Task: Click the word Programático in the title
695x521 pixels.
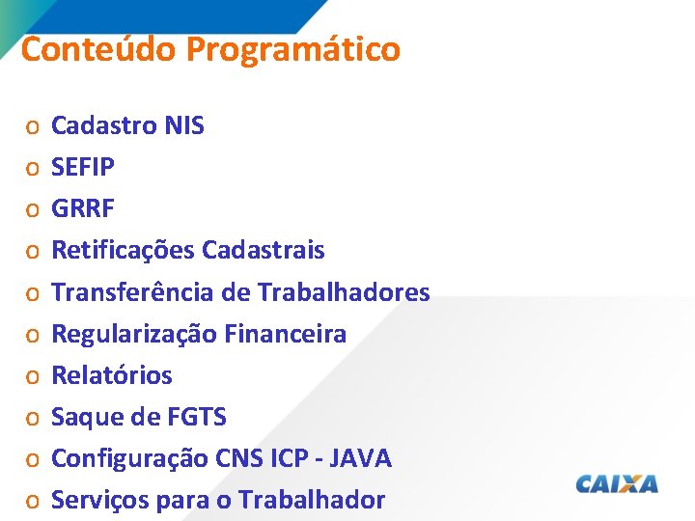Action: click(293, 49)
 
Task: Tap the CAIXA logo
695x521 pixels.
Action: click(617, 483)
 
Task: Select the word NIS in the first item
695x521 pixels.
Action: click(184, 125)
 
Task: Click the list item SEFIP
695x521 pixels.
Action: click(83, 167)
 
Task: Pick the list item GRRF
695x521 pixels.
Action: click(83, 208)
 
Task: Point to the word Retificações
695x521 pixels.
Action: click(123, 251)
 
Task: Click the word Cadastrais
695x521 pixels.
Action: click(264, 251)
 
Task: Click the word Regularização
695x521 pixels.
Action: click(133, 334)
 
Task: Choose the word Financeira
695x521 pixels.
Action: click(285, 334)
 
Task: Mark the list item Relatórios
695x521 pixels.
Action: click(111, 375)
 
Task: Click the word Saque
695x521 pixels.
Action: click(84, 418)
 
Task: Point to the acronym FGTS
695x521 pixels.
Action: click(197, 418)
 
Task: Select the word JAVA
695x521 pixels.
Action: click(361, 458)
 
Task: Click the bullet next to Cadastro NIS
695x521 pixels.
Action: click(32, 126)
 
